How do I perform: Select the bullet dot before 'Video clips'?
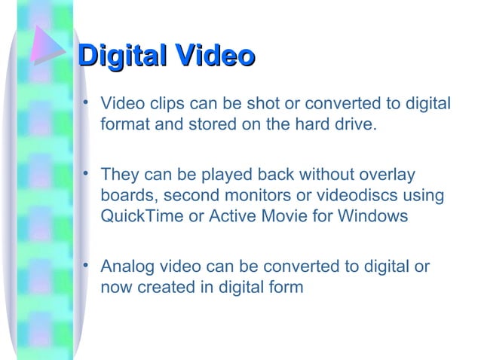click(87, 100)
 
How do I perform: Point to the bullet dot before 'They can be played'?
click(87, 173)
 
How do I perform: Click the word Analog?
click(125, 267)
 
